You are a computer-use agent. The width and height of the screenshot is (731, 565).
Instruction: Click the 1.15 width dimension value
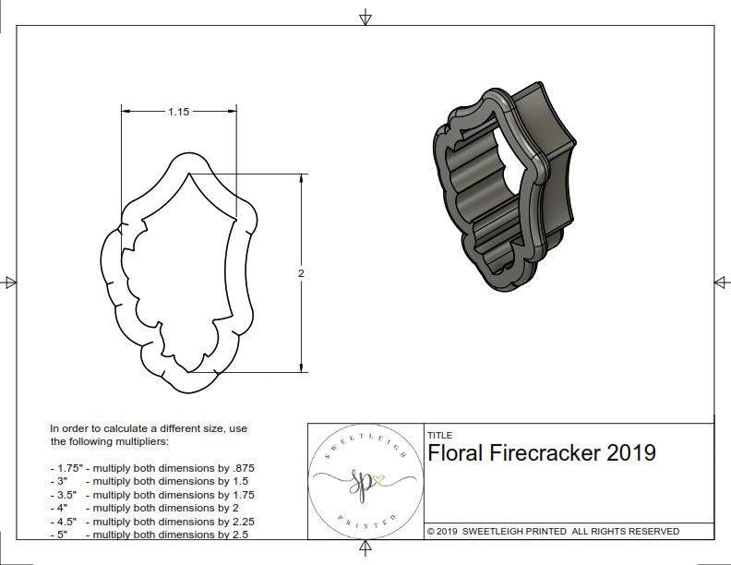[x=178, y=112]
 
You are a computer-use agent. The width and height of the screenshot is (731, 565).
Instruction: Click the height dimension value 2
[x=301, y=273]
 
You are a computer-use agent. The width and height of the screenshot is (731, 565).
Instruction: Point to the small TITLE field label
[x=439, y=436]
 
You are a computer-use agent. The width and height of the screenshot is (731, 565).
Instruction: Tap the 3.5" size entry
[x=66, y=495]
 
